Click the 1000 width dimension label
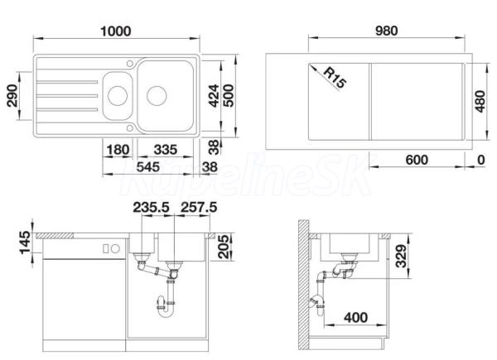(115, 31)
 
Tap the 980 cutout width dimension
(386, 31)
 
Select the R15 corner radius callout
(335, 78)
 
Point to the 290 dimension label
(12, 96)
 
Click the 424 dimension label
(214, 96)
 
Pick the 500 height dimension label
(229, 96)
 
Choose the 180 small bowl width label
(118, 150)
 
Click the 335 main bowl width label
(166, 150)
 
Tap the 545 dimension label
(148, 167)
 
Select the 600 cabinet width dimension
(417, 160)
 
